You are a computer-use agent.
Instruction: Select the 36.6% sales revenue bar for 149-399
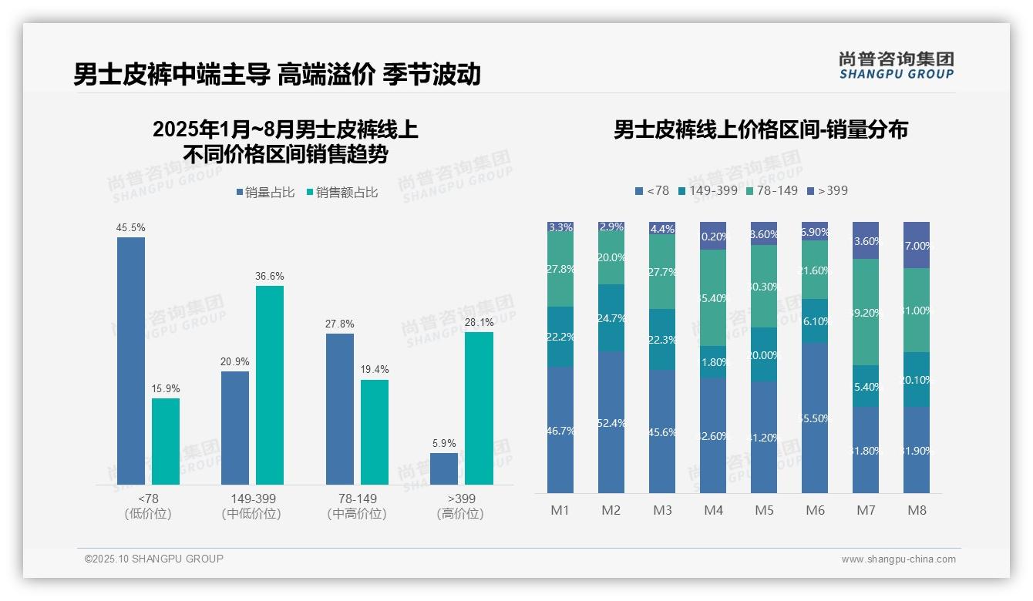tap(270, 385)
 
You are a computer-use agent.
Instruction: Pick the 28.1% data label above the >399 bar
tap(479, 323)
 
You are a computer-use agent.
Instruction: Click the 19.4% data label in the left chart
tap(375, 370)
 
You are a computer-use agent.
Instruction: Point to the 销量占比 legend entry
tap(265, 193)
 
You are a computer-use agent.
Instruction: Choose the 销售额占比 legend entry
tap(342, 193)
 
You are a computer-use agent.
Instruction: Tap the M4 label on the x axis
tap(713, 510)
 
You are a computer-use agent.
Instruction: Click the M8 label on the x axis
tap(917, 510)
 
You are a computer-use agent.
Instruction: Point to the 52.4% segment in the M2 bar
tap(611, 422)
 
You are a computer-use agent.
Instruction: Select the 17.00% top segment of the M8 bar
tap(917, 245)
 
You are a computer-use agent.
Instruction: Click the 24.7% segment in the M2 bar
tap(611, 318)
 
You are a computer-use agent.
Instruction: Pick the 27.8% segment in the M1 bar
tap(560, 270)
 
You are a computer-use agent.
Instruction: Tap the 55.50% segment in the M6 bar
tap(815, 418)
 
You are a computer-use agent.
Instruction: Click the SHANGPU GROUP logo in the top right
tap(896, 65)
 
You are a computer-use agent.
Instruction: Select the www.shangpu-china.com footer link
tap(898, 559)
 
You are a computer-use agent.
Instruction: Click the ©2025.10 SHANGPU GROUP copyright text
tap(154, 559)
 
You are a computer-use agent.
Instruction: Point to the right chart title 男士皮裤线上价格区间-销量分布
tap(760, 129)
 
